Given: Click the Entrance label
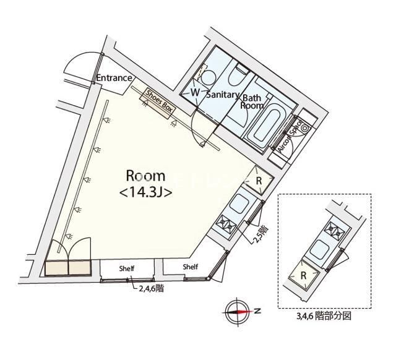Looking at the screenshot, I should pos(114,78).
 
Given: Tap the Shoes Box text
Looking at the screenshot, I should pos(159,100).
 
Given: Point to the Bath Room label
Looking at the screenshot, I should pos(252,102).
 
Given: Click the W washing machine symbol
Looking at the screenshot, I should pos(195,92).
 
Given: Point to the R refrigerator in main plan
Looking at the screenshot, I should pos(260,180).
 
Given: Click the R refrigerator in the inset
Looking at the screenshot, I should pos(305,274).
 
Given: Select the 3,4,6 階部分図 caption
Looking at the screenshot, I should pos(324,315).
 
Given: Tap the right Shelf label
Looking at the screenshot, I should pos(191,267).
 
